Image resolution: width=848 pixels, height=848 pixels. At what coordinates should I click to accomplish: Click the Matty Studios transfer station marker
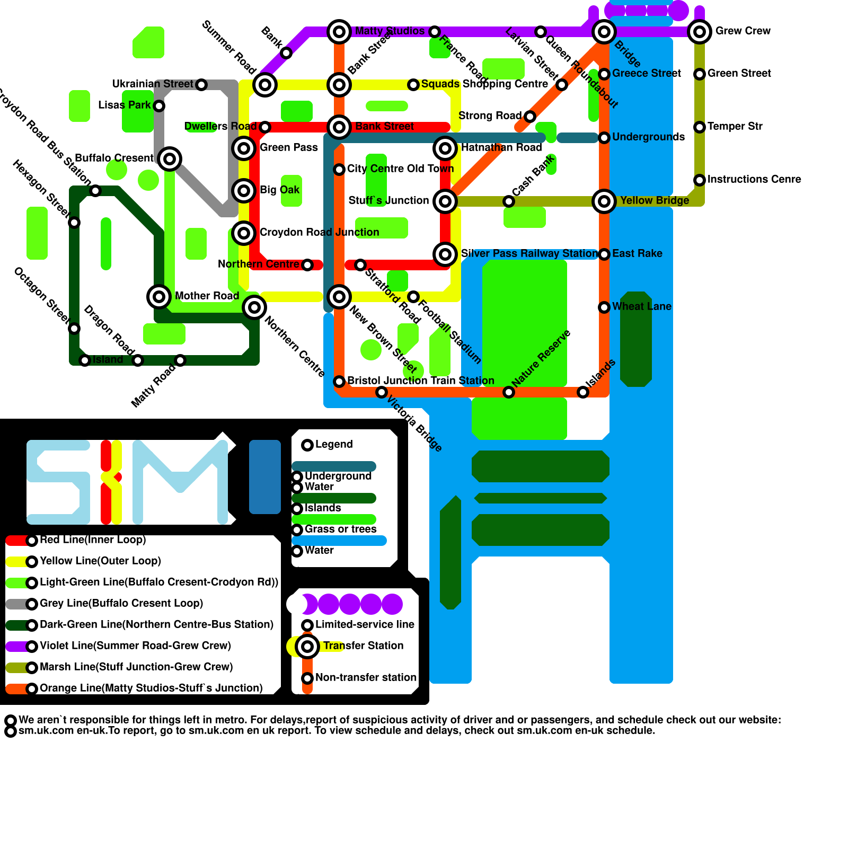339,32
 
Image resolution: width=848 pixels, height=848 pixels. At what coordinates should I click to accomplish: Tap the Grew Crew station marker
700,32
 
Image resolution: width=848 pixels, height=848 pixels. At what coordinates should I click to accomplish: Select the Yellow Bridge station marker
604,201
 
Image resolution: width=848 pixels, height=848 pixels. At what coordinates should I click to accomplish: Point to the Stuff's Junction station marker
445,201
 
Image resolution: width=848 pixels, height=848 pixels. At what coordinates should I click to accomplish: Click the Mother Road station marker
159,297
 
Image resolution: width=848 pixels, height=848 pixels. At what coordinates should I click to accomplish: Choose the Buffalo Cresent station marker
170,158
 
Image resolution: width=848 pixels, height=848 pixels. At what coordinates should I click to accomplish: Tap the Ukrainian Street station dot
201,85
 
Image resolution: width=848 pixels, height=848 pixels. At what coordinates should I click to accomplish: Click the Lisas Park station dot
159,106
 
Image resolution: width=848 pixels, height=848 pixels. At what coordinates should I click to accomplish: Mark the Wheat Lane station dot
604,307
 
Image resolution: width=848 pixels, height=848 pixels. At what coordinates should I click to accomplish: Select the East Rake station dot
604,254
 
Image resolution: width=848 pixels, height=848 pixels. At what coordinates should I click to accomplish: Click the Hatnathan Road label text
501,147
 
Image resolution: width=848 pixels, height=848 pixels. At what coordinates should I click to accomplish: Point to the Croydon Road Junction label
319,232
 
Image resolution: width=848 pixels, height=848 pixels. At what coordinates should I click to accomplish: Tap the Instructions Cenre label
754,179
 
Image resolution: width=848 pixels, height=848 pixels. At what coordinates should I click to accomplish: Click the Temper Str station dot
700,127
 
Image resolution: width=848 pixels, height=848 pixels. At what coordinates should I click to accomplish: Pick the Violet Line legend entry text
135,646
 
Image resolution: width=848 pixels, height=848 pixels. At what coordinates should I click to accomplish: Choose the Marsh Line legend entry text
136,667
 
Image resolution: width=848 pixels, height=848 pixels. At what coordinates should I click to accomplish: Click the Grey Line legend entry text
121,603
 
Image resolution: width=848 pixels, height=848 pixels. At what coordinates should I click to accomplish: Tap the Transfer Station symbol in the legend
307,647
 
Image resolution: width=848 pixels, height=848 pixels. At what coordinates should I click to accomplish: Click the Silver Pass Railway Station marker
445,254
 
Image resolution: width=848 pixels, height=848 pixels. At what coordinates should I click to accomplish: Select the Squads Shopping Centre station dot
413,85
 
